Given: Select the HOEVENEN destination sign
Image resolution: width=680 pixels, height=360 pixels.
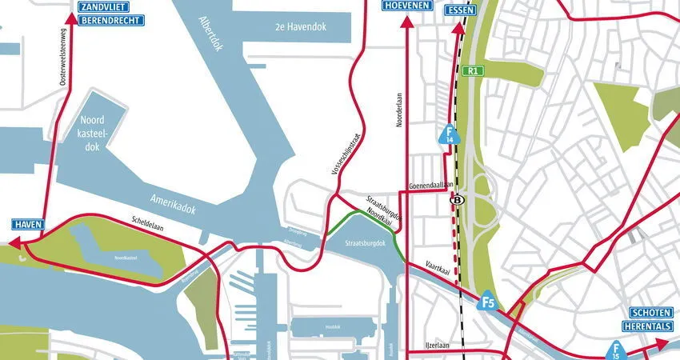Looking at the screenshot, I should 406,6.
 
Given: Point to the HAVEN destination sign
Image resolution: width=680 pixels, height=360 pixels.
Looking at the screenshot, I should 27,225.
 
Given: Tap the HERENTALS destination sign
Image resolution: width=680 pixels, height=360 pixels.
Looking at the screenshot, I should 650,326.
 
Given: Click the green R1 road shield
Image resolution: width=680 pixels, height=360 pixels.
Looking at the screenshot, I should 474,70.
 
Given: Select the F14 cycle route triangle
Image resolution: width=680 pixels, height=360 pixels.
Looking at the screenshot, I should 450,134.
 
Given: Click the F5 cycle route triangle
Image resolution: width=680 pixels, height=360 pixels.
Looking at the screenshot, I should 488,302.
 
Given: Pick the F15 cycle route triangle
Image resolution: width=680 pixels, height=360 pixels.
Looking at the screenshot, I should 615,350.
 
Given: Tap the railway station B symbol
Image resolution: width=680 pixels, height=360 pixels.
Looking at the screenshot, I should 458,200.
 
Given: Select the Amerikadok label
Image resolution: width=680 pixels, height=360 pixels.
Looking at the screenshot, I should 174,202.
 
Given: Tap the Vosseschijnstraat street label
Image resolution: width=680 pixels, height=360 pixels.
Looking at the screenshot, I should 346,154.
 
